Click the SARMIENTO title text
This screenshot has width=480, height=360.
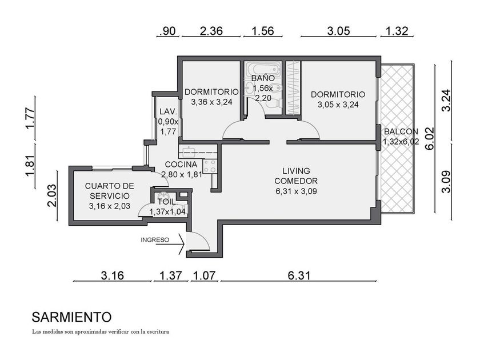click(x=71, y=318)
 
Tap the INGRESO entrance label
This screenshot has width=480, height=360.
click(x=155, y=240)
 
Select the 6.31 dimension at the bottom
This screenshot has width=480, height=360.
click(x=299, y=275)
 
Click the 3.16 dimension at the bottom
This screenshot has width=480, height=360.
click(x=113, y=275)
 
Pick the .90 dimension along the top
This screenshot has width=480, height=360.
click(x=167, y=31)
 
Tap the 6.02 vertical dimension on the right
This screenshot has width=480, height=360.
click(x=430, y=138)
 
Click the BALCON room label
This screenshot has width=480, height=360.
click(x=401, y=131)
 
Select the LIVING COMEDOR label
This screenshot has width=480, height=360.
click(x=296, y=175)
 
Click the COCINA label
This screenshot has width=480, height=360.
click(x=181, y=165)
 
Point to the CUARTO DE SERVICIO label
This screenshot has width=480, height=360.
click(x=110, y=191)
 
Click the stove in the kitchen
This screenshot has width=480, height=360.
click(x=210, y=166)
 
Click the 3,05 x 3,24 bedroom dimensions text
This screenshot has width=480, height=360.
click(x=338, y=105)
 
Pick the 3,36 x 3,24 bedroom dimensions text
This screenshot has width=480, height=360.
click(x=211, y=102)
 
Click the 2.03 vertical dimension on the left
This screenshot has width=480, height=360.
click(x=53, y=195)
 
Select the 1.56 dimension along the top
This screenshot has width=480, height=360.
click(x=263, y=31)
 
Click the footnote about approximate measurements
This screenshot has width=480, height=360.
click(x=101, y=331)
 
